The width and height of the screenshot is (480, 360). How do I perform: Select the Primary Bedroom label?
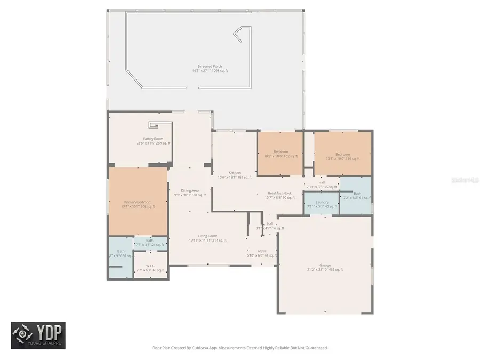(x=138, y=202)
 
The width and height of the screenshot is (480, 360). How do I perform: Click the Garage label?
(x=325, y=265)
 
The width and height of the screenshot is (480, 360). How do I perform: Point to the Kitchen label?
(x=235, y=173)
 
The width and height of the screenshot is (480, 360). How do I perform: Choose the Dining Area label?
(x=190, y=190)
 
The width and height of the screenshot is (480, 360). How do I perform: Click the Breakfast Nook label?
(x=279, y=193)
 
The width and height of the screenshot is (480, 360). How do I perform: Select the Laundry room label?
(x=322, y=202)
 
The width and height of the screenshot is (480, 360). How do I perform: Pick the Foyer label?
(x=262, y=251)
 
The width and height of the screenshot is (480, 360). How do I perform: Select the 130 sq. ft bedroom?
(x=342, y=154)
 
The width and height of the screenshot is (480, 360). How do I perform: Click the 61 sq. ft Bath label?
(x=357, y=194)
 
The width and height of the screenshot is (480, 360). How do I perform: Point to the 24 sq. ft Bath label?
(x=149, y=241)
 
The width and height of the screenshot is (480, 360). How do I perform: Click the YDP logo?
(x=38, y=335)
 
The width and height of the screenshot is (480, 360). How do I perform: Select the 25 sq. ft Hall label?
(x=322, y=183)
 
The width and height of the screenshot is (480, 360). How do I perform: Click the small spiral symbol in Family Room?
(x=154, y=126)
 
